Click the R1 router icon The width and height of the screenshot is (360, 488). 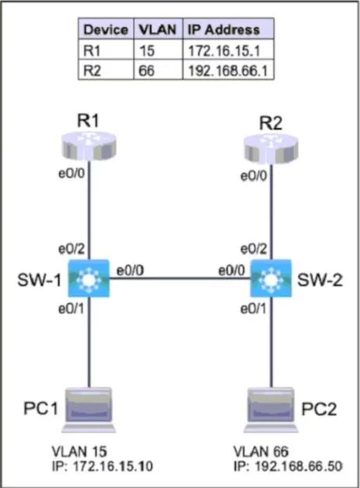[89, 145]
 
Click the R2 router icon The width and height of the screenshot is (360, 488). [271, 148]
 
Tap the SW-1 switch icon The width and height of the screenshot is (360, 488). [89, 278]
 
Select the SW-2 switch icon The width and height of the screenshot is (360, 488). [271, 278]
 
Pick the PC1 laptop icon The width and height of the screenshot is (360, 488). [89, 410]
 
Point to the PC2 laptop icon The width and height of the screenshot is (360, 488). [271, 410]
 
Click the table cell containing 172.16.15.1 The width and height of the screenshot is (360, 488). [228, 49]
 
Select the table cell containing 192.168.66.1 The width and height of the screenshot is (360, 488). [228, 69]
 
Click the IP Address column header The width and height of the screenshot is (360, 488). [228, 29]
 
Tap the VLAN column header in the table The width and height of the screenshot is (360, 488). [158, 29]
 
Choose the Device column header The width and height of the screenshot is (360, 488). [106, 29]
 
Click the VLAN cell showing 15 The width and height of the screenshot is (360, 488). [158, 49]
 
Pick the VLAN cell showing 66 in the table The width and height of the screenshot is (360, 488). [158, 69]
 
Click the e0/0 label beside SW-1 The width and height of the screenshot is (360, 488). [130, 270]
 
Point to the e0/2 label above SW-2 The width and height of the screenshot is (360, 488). [254, 249]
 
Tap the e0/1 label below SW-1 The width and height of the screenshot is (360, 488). [71, 308]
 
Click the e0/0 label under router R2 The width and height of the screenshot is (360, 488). [254, 176]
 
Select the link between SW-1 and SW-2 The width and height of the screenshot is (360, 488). [180, 278]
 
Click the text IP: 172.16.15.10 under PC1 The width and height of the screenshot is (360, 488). [102, 466]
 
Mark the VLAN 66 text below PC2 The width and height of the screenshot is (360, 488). [261, 451]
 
